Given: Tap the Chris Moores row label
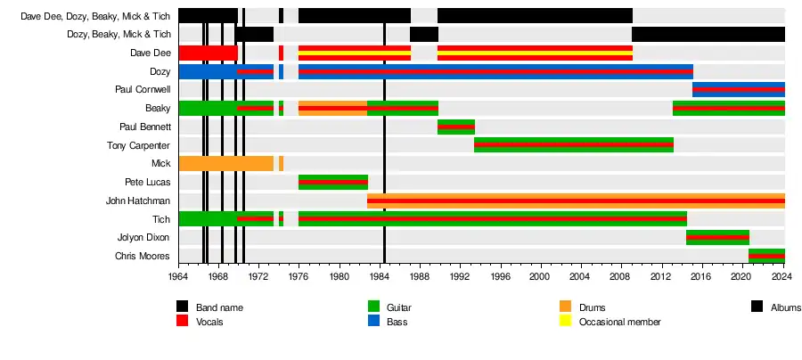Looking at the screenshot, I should [143, 257].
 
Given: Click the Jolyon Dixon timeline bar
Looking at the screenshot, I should [717, 237].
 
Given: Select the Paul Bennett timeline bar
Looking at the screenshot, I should [456, 127].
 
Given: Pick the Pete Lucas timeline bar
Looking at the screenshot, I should [332, 183].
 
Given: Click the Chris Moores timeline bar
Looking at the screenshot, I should [766, 256].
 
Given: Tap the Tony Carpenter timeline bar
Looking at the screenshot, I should [574, 145].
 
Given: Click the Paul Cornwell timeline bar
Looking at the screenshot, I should [739, 90].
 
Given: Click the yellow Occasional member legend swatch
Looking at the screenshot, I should [564, 321].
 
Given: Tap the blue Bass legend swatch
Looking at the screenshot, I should [374, 321].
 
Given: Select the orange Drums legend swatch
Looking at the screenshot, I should [564, 307].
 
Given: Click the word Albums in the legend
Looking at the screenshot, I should [786, 307].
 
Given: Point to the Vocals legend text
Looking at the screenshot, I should [209, 321].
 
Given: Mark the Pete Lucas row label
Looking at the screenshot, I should [147, 183].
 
